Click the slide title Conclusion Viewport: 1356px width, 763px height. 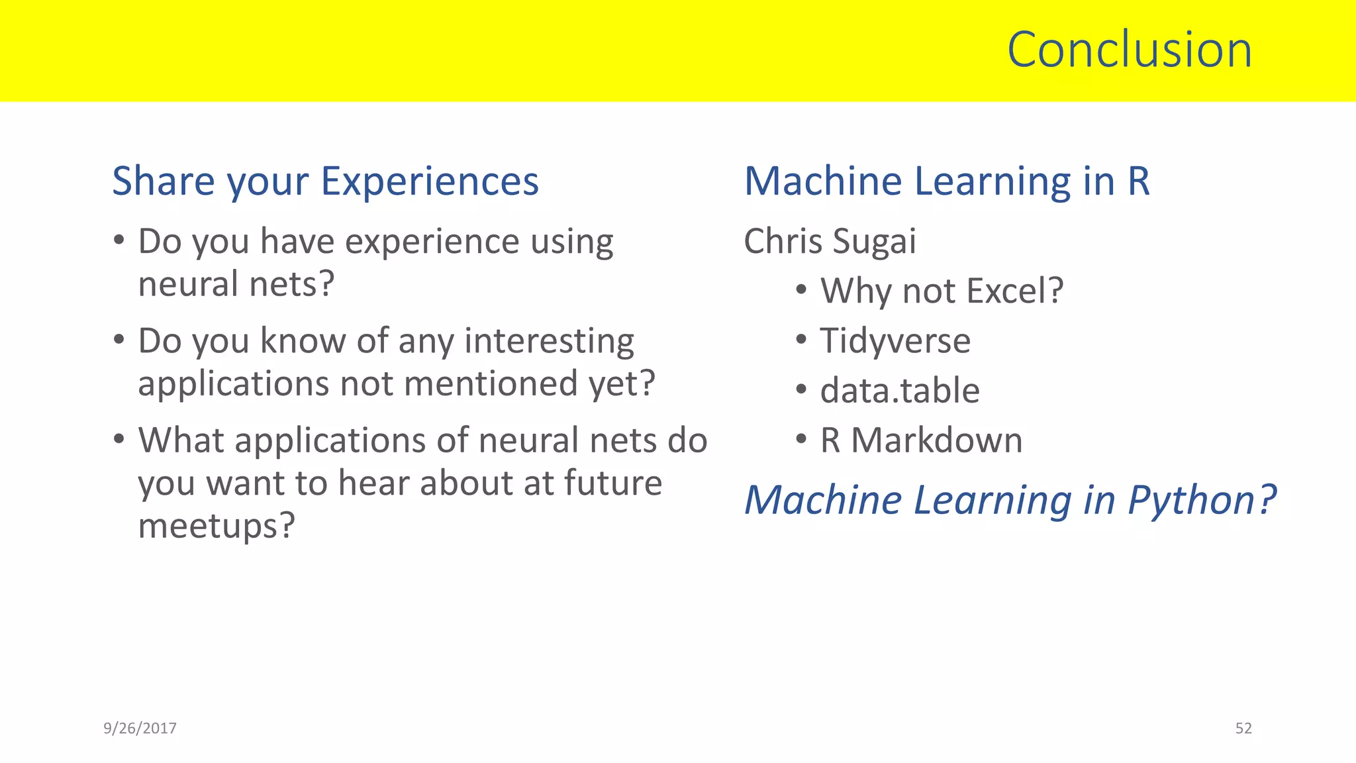pyautogui.click(x=1130, y=50)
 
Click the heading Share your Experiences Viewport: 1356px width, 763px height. pyautogui.click(x=325, y=181)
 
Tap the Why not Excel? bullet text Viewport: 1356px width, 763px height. pyautogui.click(x=942, y=291)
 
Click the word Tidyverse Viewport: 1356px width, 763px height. pyautogui.click(x=895, y=341)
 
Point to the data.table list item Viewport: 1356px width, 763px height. pyautogui.click(x=899, y=391)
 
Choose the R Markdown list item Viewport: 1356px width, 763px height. pyautogui.click(x=921, y=440)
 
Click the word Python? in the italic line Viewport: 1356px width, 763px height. pyautogui.click(x=1202, y=501)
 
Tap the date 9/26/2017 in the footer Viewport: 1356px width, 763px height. pyautogui.click(x=140, y=729)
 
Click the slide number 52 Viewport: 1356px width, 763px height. pyautogui.click(x=1243, y=729)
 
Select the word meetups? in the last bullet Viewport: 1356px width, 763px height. pyautogui.click(x=216, y=527)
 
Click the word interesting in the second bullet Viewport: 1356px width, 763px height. pyautogui.click(x=549, y=342)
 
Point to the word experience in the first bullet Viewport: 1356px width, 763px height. pyautogui.click(x=433, y=242)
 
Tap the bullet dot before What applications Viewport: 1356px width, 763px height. pyautogui.click(x=119, y=439)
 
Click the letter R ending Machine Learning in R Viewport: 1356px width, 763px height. pyautogui.click(x=1139, y=181)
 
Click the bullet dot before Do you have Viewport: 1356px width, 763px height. pyautogui.click(x=119, y=240)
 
